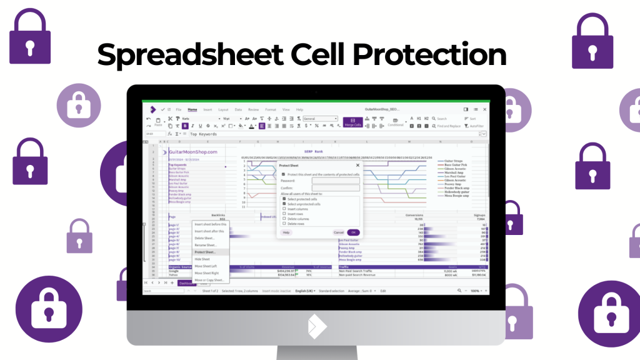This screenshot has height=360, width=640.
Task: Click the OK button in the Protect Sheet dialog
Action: click(353, 232)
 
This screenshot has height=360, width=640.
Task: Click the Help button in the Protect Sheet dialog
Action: click(286, 232)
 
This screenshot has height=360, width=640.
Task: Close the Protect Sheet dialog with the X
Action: click(357, 165)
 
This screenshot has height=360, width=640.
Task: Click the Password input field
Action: click(336, 181)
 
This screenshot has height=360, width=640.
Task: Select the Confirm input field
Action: click(336, 187)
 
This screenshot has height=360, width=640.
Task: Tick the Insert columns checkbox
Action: click(284, 209)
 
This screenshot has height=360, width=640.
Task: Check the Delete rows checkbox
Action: click(284, 223)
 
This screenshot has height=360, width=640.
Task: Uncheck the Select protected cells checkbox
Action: click(284, 199)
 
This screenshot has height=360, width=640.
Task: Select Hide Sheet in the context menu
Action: click(203, 259)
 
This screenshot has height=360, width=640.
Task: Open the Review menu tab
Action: click(254, 109)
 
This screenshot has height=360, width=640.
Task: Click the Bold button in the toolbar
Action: click(184, 126)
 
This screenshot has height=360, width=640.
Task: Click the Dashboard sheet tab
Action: click(187, 282)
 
